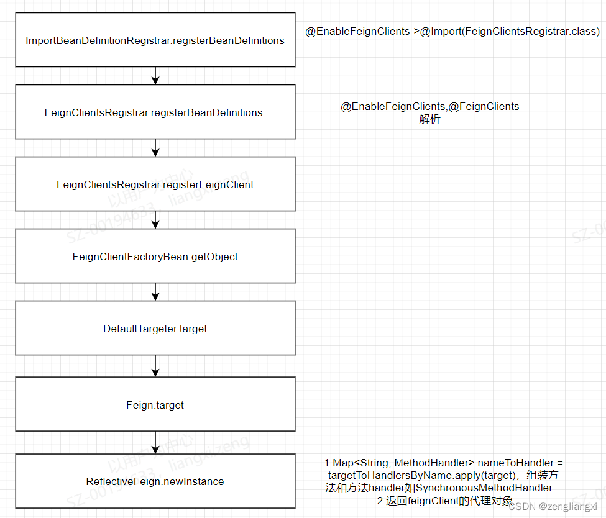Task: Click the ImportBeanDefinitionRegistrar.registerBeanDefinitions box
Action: click(155, 40)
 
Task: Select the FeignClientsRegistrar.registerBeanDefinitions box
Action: click(155, 112)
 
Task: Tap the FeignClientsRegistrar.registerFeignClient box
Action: click(155, 184)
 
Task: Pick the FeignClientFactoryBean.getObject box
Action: click(155, 257)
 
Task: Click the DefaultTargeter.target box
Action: click(155, 329)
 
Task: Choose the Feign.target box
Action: click(155, 405)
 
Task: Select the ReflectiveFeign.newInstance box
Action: click(155, 481)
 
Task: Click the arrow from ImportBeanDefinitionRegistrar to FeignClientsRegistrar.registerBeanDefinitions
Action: click(155, 76)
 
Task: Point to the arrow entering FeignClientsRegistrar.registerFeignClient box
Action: click(155, 148)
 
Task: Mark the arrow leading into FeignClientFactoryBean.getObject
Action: click(155, 220)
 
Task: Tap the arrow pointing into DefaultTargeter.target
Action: click(155, 292)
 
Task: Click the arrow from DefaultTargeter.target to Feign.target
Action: click(155, 366)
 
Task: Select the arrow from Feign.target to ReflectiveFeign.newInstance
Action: click(155, 442)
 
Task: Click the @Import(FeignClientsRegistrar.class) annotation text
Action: click(510, 31)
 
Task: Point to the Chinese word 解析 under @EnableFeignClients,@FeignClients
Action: click(429, 119)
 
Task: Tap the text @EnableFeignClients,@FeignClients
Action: click(429, 107)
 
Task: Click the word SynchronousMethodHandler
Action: click(484, 488)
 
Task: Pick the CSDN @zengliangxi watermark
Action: click(552, 506)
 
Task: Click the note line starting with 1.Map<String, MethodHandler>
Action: click(444, 463)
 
